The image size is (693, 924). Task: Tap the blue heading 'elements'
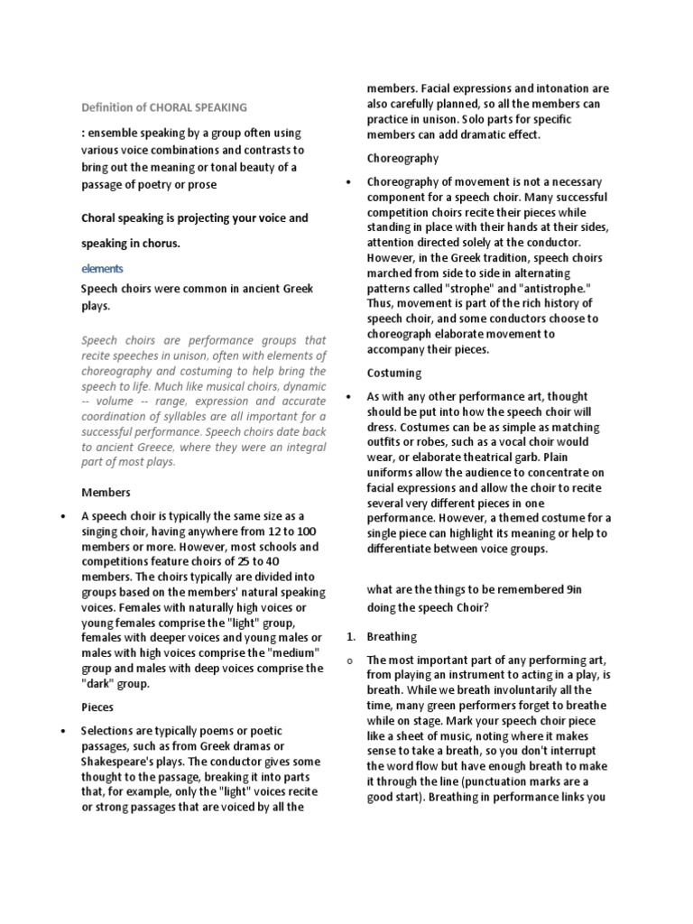102,269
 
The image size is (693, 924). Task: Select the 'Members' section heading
106,493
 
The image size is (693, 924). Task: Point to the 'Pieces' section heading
98,707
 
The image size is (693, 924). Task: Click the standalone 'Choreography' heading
402,158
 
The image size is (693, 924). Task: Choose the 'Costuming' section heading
394,373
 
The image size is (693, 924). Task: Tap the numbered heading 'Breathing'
392,636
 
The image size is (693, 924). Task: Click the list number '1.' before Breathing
351,636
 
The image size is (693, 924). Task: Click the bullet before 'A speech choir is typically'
62,517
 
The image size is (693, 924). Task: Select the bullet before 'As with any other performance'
349,397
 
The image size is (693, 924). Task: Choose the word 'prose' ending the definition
199,184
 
